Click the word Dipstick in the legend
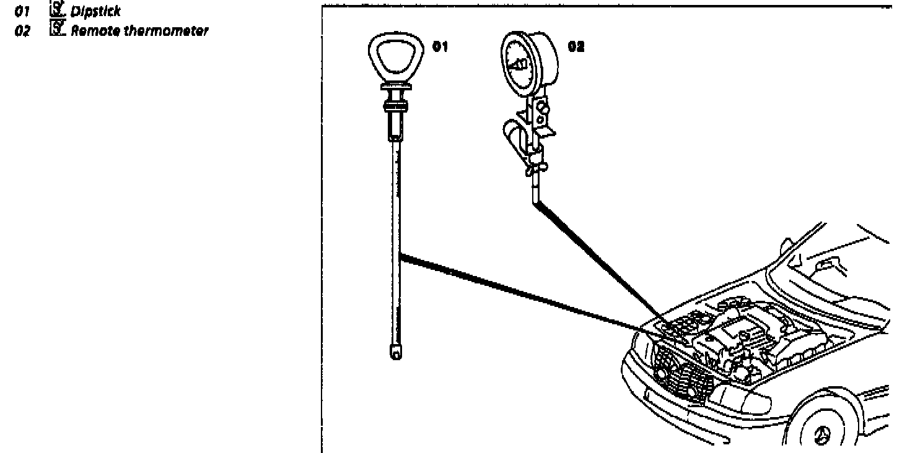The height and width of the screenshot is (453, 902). point(95,11)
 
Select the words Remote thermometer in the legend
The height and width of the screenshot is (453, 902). point(138,32)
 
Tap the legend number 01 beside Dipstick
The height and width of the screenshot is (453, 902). point(22,11)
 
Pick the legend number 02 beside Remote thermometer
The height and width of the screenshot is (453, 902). point(22,32)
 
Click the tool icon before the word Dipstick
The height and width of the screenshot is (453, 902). point(57,10)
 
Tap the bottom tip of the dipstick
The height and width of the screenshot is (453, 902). point(395,352)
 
